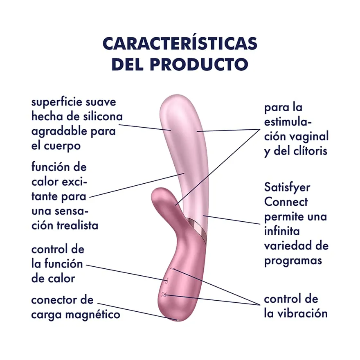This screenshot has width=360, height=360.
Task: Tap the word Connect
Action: tap(286, 202)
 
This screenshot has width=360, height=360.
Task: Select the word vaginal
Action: tap(309, 137)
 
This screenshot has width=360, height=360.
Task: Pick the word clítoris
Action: tap(312, 151)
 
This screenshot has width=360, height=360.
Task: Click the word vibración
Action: tap(303, 313)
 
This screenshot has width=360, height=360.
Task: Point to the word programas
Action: tap(293, 261)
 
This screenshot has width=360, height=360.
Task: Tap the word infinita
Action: tap(282, 231)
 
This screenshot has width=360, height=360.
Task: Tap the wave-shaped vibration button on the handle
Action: tap(164, 294)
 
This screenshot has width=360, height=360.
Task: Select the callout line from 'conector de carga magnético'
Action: tap(137, 311)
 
